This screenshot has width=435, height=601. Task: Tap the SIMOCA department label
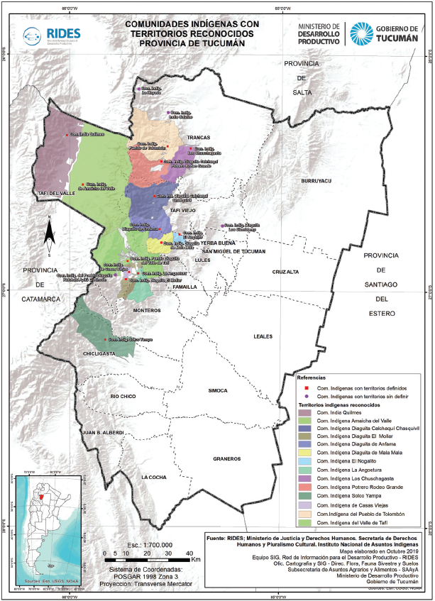tap(218, 391)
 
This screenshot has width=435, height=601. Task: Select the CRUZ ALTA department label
tap(285, 272)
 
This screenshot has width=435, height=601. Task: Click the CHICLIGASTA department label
tap(99, 353)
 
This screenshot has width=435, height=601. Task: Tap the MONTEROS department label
tap(147, 311)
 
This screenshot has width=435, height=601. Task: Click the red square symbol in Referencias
tap(303, 388)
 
